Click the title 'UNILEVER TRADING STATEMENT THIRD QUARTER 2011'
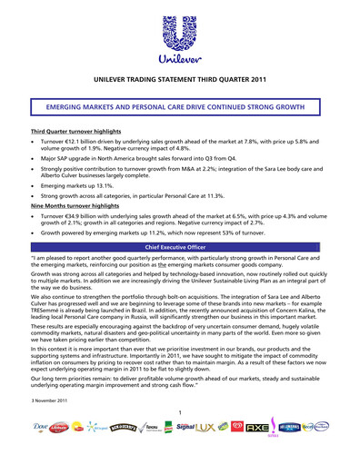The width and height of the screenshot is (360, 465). click(180, 81)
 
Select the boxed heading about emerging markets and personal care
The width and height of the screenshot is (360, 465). click(180, 107)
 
